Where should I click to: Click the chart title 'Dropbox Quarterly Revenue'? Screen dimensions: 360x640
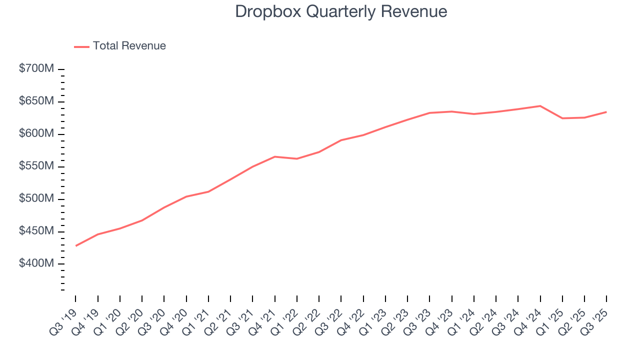[x=341, y=11]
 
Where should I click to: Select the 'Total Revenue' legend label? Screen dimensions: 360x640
[x=129, y=46]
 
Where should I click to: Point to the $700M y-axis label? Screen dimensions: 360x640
[x=36, y=69]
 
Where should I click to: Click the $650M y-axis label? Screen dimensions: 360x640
[x=36, y=101]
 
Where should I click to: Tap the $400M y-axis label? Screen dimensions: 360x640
[x=36, y=263]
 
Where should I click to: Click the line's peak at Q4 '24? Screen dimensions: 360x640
[x=540, y=106]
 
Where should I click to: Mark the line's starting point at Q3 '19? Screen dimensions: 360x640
[x=76, y=245]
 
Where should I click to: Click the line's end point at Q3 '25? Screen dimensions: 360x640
[x=606, y=112]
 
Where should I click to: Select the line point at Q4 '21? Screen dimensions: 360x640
[x=274, y=156]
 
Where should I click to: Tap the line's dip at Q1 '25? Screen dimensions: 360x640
[x=562, y=118]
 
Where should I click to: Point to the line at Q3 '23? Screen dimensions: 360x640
[x=429, y=113]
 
